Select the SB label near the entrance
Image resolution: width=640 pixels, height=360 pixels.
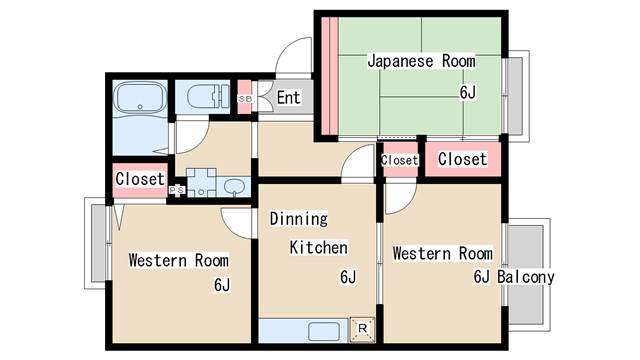(x=245, y=98)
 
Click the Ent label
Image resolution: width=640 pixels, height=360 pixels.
(x=288, y=97)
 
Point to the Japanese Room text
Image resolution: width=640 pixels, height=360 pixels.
(x=420, y=61)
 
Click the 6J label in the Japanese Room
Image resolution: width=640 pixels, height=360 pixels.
(x=467, y=93)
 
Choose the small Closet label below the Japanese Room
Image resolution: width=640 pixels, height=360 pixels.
(x=399, y=160)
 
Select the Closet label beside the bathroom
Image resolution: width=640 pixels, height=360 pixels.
(x=139, y=178)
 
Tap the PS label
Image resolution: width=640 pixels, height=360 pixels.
(x=176, y=189)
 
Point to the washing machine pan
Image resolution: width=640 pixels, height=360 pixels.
(x=200, y=184)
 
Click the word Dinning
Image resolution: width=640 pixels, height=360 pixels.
(x=298, y=217)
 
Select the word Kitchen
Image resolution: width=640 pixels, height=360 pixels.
(x=319, y=247)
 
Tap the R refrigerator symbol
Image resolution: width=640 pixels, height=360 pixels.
(x=362, y=328)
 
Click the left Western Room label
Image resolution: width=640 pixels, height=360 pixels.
(x=178, y=260)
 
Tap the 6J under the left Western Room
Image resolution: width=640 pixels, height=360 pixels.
(x=222, y=285)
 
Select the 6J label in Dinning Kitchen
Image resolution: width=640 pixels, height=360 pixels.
(x=348, y=277)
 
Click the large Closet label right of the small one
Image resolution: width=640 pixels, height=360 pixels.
(x=462, y=159)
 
